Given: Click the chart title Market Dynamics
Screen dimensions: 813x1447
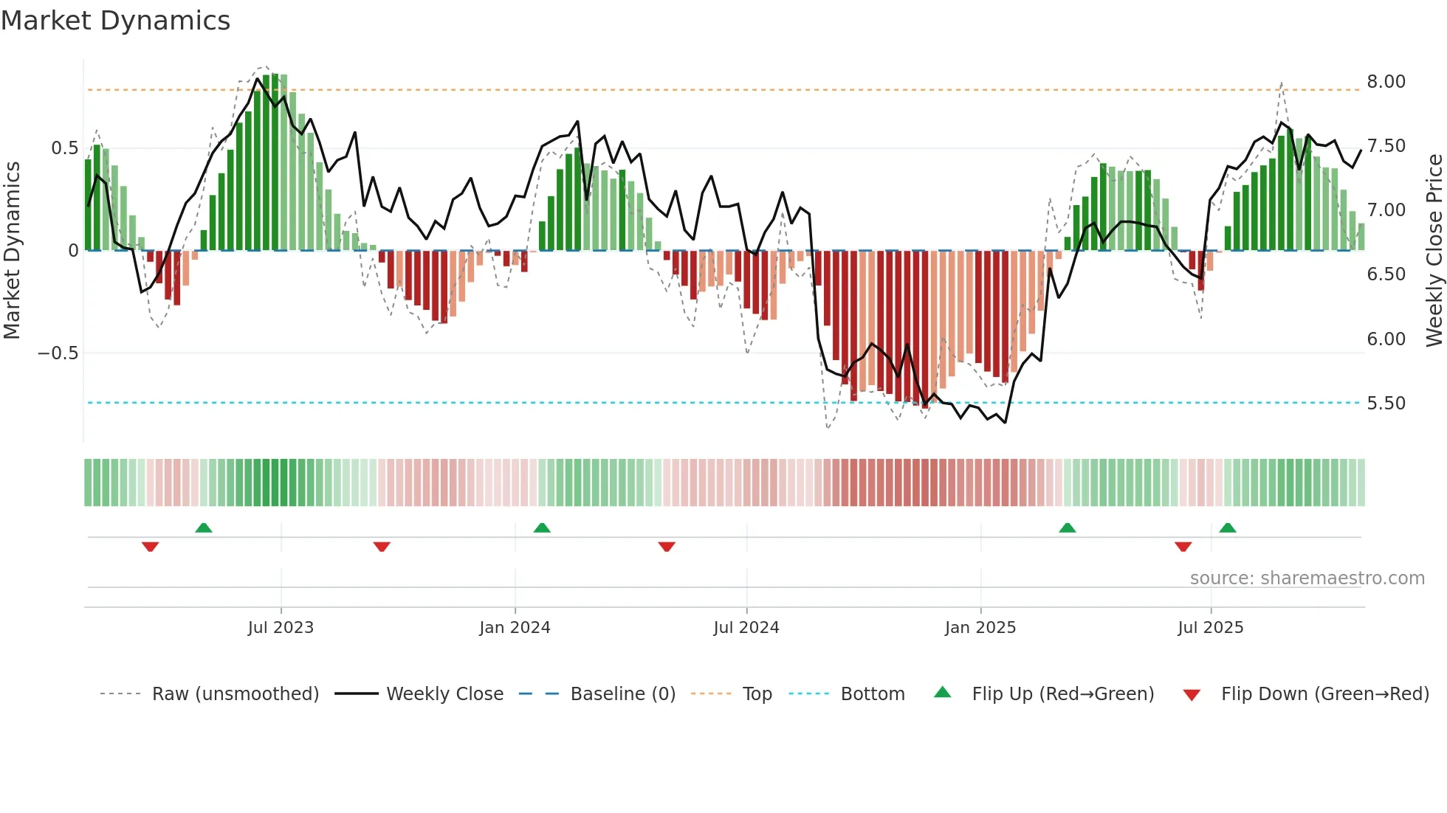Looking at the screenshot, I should point(115,21).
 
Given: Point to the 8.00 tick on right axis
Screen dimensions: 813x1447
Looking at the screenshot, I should point(1385,82).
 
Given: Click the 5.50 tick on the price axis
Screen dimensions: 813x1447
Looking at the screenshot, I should point(1385,404).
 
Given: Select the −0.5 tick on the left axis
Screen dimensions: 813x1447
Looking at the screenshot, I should point(58,353).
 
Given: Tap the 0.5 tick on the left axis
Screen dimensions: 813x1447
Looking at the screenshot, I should point(64,148).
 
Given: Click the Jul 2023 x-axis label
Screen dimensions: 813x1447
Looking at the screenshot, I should point(281,628).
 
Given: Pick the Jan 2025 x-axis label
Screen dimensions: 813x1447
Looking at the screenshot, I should point(980,628).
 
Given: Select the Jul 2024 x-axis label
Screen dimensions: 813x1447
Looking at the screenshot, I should point(746,628).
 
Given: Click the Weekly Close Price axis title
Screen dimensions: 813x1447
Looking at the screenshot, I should point(1434,250).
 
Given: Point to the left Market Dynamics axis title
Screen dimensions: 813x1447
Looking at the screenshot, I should point(12,250).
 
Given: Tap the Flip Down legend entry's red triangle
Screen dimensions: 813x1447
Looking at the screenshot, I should point(1191,695).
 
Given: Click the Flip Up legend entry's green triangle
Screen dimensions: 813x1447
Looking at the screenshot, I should point(942,692).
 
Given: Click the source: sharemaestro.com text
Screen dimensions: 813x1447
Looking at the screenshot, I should point(1307,578).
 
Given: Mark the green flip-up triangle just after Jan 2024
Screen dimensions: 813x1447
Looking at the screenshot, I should point(542,527).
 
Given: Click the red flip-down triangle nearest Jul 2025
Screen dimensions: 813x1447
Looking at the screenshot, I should point(1183,547).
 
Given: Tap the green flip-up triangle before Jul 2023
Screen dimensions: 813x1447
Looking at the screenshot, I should point(204,527).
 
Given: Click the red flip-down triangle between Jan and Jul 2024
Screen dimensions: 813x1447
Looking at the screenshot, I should point(667,547).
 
